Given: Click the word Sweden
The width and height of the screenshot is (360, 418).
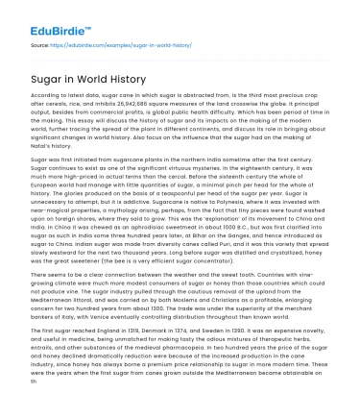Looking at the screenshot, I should (x=236, y=329).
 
